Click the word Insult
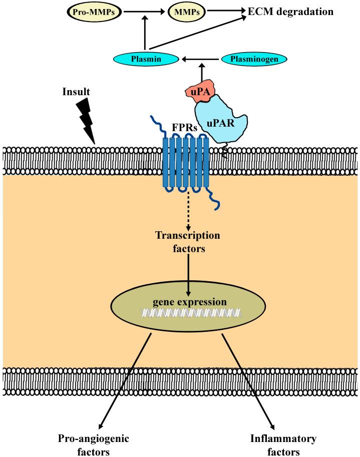coord(77,93)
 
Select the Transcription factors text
coord(188,242)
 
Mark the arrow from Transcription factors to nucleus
coord(188,273)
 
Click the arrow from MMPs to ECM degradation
coord(223,10)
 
